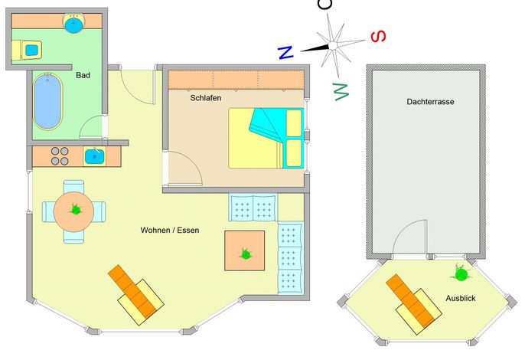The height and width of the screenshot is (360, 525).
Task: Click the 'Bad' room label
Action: pyautogui.click(x=83, y=75)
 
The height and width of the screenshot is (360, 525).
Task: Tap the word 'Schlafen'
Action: pyautogui.click(x=206, y=98)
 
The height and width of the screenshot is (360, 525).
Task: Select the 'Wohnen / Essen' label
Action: pyautogui.click(x=170, y=231)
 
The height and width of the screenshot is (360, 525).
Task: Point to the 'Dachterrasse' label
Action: pyautogui.click(x=430, y=102)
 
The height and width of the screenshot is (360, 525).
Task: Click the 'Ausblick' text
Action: pyautogui.click(x=461, y=298)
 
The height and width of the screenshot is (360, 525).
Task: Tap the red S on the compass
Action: pyautogui.click(x=379, y=36)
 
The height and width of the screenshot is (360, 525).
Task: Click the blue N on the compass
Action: pyautogui.click(x=285, y=53)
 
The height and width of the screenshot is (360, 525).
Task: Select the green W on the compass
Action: pyautogui.click(x=341, y=91)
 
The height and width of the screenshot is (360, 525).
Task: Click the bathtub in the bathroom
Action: pyautogui.click(x=47, y=101)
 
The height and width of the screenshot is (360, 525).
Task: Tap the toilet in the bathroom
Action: pyautogui.click(x=27, y=50)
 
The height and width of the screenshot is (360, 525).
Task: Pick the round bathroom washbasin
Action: pyautogui.click(x=73, y=24)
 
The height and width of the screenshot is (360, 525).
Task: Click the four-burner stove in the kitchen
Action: pyautogui.click(x=60, y=156)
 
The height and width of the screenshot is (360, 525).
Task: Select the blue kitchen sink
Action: pyautogui.click(x=94, y=156)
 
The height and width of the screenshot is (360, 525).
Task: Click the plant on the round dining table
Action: pyautogui.click(x=76, y=210)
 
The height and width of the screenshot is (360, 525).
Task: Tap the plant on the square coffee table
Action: pyautogui.click(x=246, y=254)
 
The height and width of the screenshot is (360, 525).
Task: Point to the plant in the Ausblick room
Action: pyautogui.click(x=461, y=274)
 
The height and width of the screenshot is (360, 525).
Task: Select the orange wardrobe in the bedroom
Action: pyautogui.click(x=236, y=80)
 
